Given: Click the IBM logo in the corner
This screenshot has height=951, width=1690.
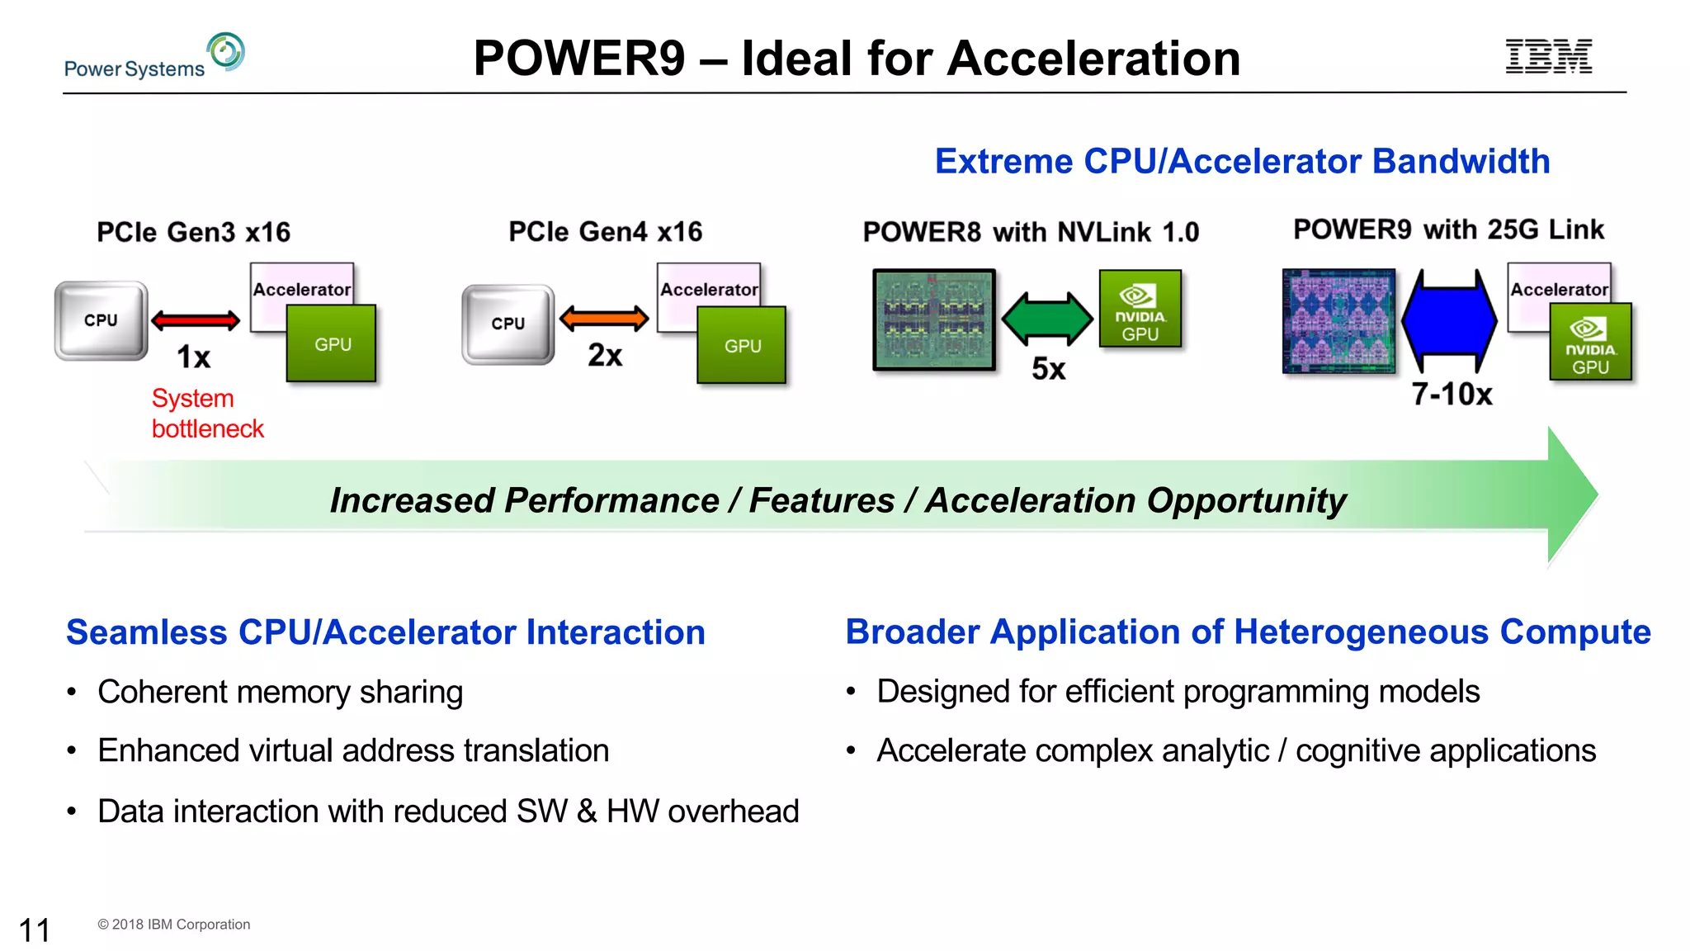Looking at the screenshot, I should pos(1548,56).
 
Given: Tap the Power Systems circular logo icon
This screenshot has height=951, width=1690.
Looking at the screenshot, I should pos(226,51).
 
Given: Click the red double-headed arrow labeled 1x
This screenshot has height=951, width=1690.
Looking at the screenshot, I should pos(196,319).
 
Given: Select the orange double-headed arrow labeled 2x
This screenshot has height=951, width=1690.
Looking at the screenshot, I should pos(604,318).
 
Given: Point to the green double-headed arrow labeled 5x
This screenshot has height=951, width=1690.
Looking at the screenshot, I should pos(1047,319).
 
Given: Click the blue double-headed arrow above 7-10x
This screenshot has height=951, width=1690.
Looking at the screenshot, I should pos(1449,320).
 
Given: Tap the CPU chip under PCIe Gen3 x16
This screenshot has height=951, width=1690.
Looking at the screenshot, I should pos(101,320).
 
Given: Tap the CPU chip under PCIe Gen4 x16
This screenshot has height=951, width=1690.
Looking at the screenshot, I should pos(508,324).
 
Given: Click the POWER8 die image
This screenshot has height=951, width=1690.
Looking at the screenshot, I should pos(934,319).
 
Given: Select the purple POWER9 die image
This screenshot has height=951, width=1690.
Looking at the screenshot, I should pos(1338,320).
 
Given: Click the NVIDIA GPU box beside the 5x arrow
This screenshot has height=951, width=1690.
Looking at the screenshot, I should pos(1140,309).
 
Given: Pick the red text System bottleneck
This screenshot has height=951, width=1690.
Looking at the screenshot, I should pos(207,414).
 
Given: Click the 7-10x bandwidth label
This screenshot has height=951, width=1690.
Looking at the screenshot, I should pos(1452,395).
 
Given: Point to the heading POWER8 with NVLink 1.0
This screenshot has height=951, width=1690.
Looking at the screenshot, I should pos(1031,232).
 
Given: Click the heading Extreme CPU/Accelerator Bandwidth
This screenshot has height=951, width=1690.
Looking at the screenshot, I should pos(1242,161).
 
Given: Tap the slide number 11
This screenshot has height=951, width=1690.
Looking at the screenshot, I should pos(35,930).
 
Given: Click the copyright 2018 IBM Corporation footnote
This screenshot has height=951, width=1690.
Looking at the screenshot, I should pos(174,925).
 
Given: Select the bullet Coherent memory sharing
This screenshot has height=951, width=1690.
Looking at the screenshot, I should pos(280,692).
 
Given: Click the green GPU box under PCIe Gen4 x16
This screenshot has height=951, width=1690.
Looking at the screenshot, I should pos(741,345).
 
